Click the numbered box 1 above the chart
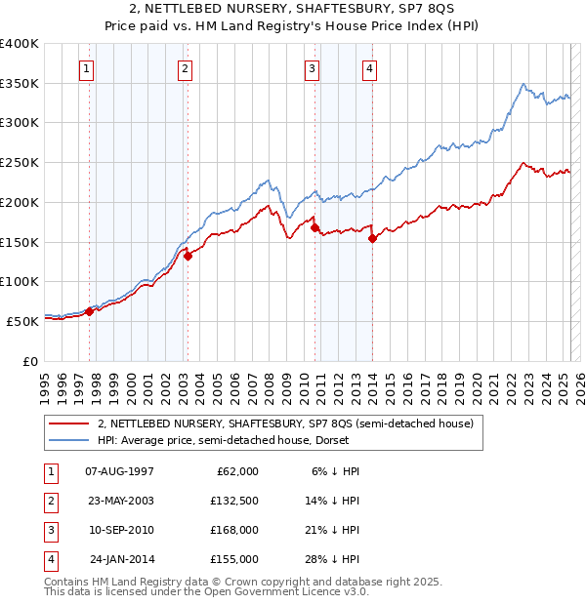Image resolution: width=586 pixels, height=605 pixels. (x=88, y=68)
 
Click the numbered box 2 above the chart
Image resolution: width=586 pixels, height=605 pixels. (x=185, y=68)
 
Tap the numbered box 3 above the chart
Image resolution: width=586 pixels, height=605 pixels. (x=312, y=68)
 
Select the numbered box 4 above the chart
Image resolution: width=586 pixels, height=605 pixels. (x=371, y=68)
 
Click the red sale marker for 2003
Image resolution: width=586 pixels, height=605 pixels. (x=188, y=256)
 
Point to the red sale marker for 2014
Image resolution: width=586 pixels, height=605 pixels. (x=372, y=238)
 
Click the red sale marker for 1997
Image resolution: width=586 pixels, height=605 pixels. (x=89, y=311)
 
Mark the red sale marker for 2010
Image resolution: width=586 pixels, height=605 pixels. (x=314, y=227)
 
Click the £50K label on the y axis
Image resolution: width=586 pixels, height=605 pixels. (x=22, y=320)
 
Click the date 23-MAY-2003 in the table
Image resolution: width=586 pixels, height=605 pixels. (x=119, y=501)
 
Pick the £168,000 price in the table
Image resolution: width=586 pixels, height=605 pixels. (x=234, y=530)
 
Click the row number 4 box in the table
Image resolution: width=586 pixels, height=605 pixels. (x=49, y=559)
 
